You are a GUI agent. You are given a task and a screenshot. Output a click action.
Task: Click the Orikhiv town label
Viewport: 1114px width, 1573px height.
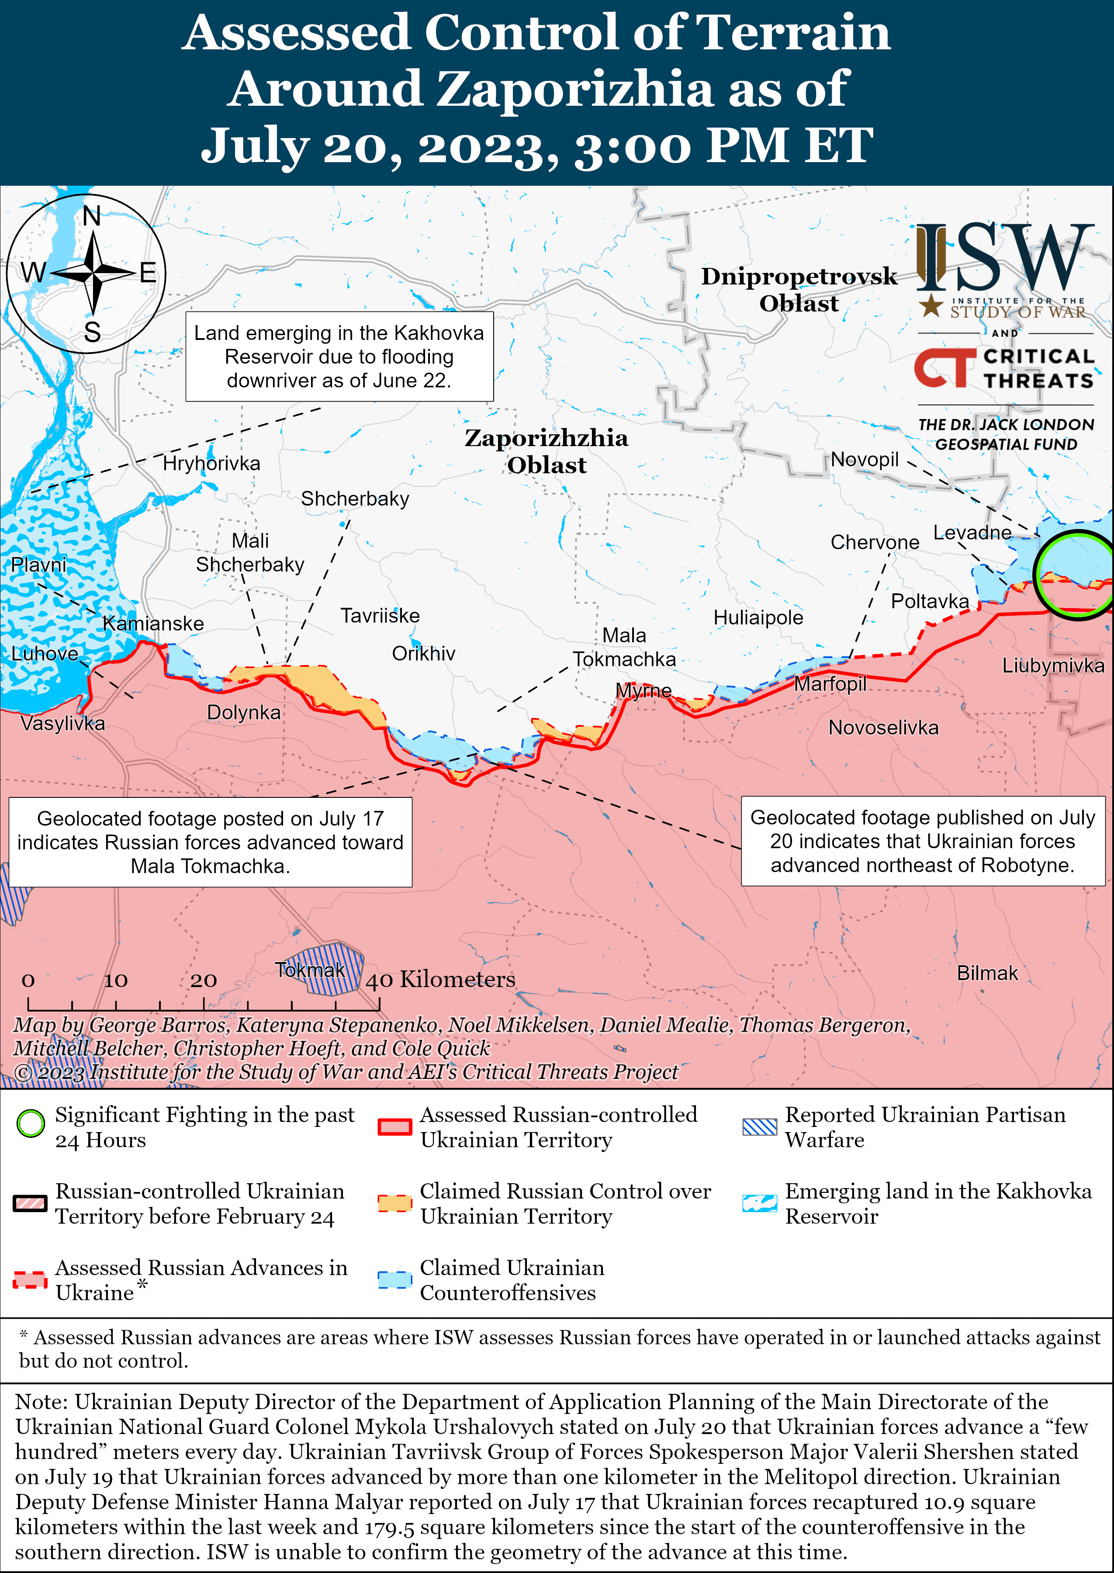click(423, 653)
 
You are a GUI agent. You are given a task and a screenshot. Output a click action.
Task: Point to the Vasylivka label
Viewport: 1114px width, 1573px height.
click(62, 723)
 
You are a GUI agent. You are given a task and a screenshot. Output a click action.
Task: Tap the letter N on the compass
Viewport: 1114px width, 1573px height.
click(91, 216)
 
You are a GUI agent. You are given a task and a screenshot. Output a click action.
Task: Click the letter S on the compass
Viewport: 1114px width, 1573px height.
click(92, 333)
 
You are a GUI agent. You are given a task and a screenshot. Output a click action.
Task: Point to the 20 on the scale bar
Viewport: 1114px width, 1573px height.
click(203, 981)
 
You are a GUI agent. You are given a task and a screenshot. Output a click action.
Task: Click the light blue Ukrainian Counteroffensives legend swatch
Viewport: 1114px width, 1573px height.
click(394, 1279)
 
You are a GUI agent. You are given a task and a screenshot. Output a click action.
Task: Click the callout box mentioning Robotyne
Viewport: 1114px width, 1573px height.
click(923, 841)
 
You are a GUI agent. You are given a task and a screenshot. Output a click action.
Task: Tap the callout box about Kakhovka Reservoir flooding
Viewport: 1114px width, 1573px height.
click(339, 357)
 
